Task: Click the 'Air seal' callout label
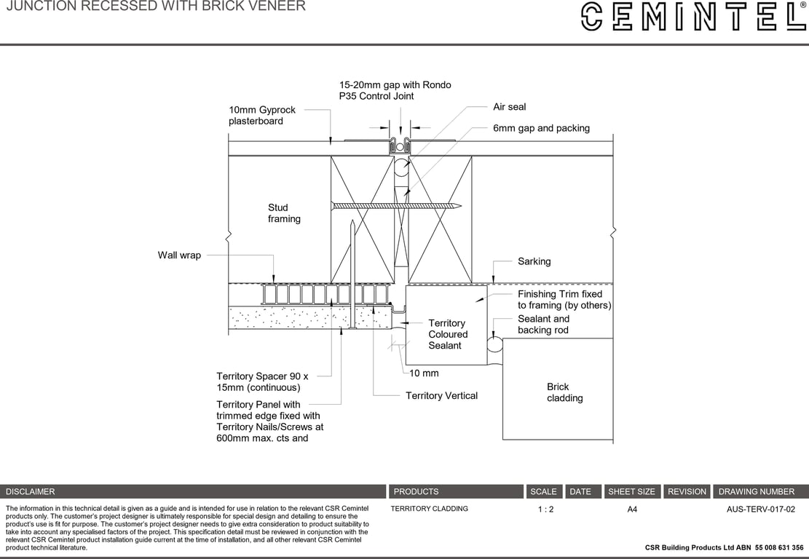[509, 107]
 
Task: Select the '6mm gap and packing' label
[541, 128]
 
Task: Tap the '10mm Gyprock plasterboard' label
[262, 116]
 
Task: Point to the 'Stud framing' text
[284, 213]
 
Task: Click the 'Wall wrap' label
[179, 255]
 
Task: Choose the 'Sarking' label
[534, 261]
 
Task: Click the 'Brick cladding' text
[564, 392]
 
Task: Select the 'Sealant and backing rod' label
[544, 325]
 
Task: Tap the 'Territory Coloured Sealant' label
[448, 334]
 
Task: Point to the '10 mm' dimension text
[424, 373]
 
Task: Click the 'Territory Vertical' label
[441, 396]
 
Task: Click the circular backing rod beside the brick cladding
[495, 344]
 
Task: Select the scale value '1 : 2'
[545, 510]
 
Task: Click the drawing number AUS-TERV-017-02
[760, 510]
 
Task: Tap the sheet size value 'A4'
[632, 510]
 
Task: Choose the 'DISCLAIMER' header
[31, 492]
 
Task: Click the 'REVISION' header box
[687, 492]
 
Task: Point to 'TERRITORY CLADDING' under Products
[429, 509]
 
